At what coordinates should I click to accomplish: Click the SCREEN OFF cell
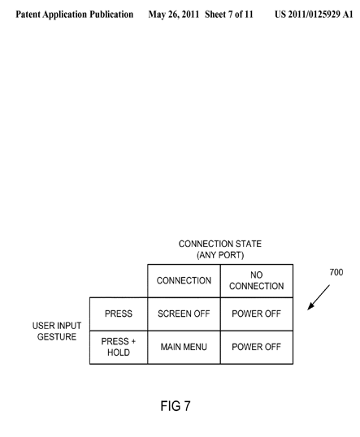[x=184, y=314]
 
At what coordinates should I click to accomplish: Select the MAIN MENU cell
[x=184, y=347]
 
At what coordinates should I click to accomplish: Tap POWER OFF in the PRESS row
[x=257, y=314]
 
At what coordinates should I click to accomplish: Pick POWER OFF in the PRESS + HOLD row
[x=257, y=347]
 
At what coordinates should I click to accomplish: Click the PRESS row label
[x=119, y=314]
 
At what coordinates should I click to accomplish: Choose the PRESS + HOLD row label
[x=119, y=347]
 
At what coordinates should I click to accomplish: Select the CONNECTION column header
[x=184, y=281]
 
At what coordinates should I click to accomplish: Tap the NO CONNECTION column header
[x=257, y=281]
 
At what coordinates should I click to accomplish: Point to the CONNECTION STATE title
[x=220, y=244]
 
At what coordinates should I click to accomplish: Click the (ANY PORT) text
[x=220, y=255]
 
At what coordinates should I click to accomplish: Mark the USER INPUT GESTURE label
[x=57, y=331]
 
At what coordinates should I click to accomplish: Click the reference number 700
[x=336, y=272]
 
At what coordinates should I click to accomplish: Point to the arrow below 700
[x=319, y=297]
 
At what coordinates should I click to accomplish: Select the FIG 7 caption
[x=176, y=406]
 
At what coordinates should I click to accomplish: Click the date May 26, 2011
[x=173, y=15]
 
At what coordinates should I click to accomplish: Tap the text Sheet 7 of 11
[x=229, y=14]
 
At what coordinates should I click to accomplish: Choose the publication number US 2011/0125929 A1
[x=314, y=14]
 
